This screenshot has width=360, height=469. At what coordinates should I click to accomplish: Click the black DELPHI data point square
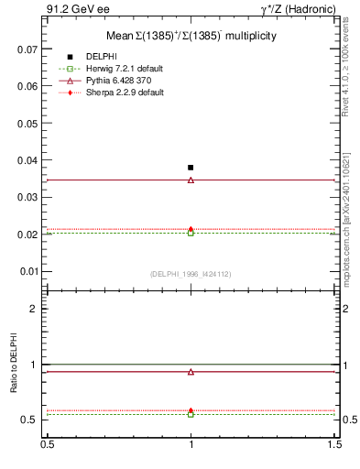(x=191, y=168)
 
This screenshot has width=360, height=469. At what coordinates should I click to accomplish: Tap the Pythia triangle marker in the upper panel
(x=191, y=180)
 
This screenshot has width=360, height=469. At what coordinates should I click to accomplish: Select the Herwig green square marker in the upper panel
(x=191, y=233)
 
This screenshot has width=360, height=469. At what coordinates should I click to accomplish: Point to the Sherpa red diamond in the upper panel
(x=191, y=229)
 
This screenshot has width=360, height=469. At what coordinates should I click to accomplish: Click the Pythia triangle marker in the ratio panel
(x=191, y=372)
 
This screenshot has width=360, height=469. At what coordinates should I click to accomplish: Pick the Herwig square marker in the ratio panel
(x=191, y=414)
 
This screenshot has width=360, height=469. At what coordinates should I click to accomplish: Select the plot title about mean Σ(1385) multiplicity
(x=190, y=35)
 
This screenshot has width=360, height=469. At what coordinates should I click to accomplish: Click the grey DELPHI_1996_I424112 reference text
(x=190, y=272)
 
